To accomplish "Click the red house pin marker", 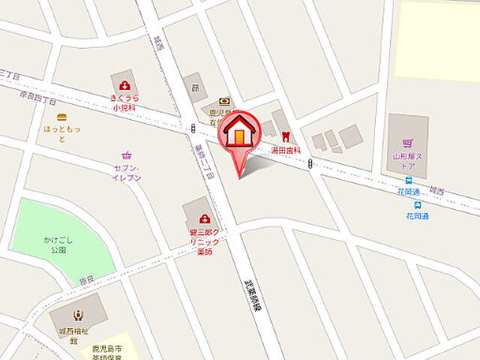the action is click(x=239, y=135).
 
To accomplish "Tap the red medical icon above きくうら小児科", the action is click(x=124, y=85).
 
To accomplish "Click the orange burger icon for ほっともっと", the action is click(x=61, y=117).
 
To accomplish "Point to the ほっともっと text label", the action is click(x=61, y=133).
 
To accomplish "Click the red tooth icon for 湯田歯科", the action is click(x=285, y=136).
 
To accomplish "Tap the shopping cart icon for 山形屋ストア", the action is click(x=407, y=142).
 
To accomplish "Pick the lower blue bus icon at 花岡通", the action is click(x=417, y=205).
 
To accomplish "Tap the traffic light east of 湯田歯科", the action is click(x=309, y=164).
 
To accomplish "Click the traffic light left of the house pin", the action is click(x=192, y=127).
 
